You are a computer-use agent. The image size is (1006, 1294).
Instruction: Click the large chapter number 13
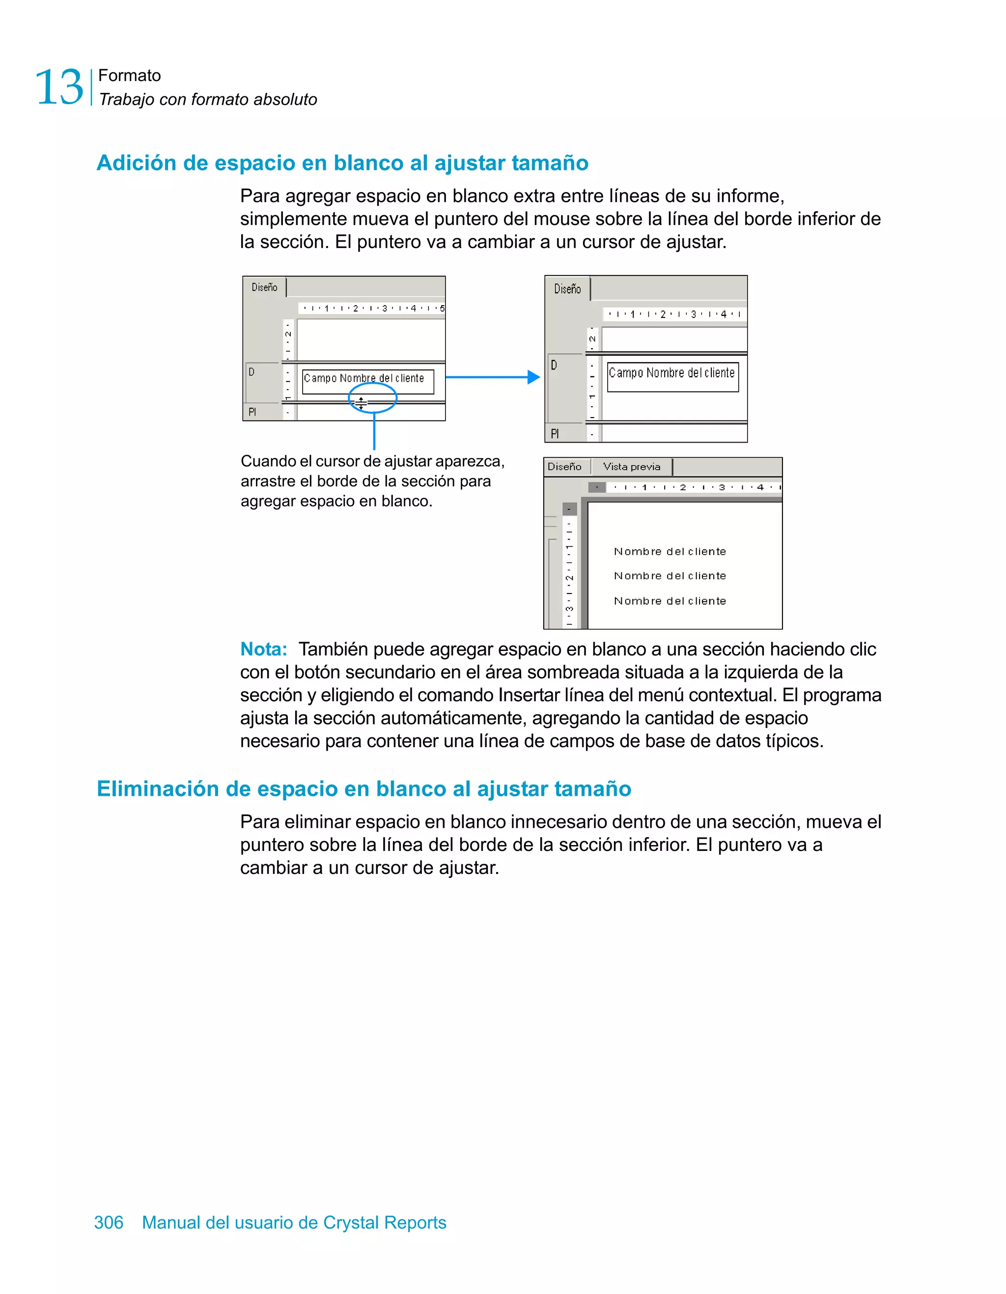pos(59,87)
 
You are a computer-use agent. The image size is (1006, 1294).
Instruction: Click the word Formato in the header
pos(129,75)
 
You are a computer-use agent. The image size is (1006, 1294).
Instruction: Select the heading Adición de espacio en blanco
pos(342,163)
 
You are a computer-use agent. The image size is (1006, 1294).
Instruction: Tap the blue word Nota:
pos(263,649)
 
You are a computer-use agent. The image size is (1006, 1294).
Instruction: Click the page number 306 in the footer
pos(109,1222)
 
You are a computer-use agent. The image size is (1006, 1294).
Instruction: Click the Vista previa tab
pos(631,467)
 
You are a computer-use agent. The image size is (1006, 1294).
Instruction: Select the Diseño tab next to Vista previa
pos(564,467)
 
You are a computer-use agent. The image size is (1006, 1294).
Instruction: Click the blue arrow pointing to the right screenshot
pos(492,377)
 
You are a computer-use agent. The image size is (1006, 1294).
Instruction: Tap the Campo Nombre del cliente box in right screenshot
pos(672,377)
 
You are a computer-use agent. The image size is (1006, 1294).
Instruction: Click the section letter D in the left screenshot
pos(252,372)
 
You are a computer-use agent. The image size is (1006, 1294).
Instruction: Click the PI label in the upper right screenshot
pos(555,434)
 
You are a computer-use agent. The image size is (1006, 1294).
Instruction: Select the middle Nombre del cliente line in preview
pos(670,576)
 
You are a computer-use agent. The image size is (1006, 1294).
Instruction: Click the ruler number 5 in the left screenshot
pos(442,308)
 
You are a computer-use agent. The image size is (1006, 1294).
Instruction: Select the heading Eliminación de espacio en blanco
pos(364,788)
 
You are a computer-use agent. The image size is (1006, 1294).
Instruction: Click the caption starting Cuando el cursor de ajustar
pos(372,480)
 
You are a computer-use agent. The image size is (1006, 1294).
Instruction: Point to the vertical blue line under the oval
pos(374,431)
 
